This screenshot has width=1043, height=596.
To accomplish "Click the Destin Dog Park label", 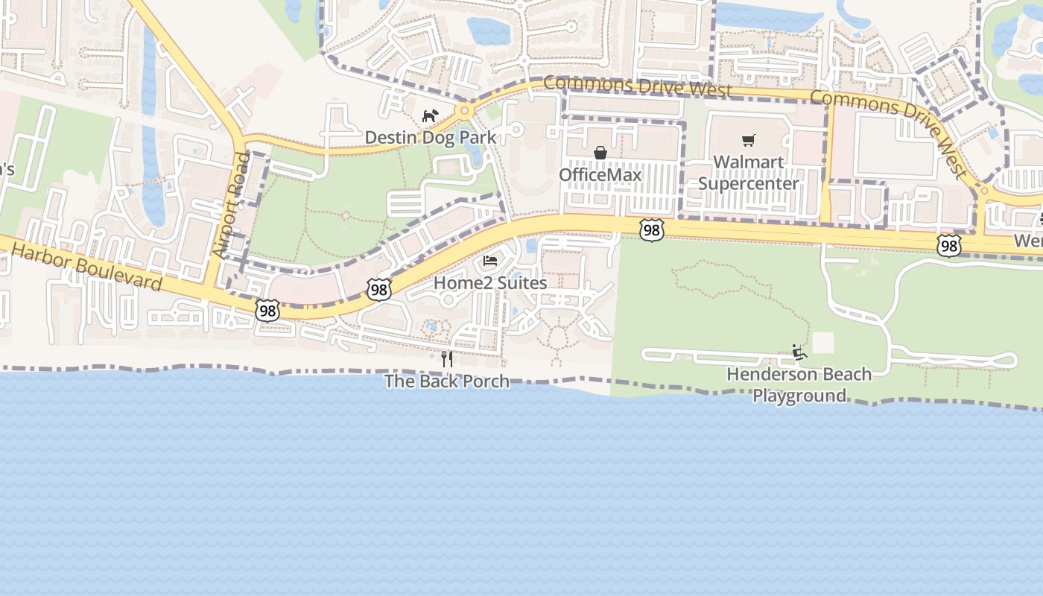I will coord(430,138).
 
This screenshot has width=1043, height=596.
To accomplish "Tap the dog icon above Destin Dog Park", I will coord(430,115).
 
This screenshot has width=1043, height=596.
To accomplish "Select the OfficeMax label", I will coord(600,175).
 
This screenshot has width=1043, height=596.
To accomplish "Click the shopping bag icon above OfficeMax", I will coord(600,153).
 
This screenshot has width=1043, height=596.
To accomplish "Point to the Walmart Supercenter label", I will coord(748,173).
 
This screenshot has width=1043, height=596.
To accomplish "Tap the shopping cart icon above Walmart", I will coord(749,140).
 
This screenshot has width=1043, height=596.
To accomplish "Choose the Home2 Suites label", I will coord(490,283).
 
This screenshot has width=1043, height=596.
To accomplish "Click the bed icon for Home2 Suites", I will coord(490,261).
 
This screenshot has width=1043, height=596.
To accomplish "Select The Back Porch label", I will coord(447,381).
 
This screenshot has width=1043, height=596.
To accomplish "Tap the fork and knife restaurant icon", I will coord(447,359).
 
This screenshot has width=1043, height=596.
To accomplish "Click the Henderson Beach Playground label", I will coord(799,384).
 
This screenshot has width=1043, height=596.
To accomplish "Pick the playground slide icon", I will coord(799,352).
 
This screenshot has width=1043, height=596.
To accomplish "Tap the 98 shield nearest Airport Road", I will coord(267,311).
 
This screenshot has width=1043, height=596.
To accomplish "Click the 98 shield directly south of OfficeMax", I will coord(652,230).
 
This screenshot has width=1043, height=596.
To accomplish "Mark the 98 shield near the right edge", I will coord(948,245).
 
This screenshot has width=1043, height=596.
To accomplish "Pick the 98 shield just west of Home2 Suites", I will coord(379,290).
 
